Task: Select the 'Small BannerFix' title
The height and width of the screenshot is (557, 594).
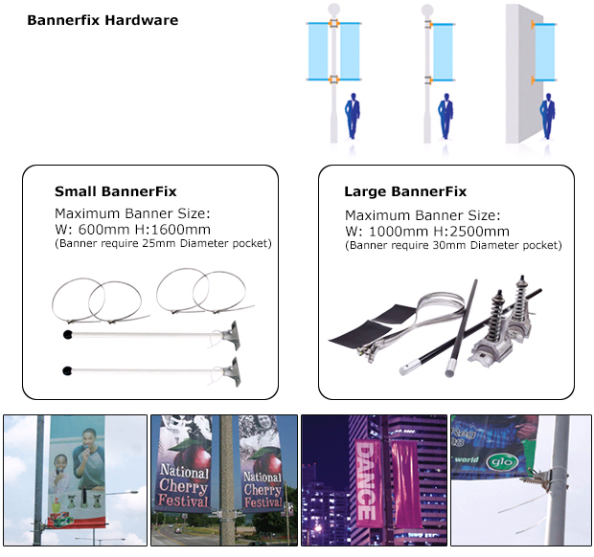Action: point(115,191)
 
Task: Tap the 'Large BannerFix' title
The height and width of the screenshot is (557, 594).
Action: point(405,191)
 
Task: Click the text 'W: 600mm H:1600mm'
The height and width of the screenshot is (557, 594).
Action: point(132,230)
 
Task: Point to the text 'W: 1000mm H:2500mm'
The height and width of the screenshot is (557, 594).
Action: point(426,231)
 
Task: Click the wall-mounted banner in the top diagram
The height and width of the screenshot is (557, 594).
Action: point(545,52)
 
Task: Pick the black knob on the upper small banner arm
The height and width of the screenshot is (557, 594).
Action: point(67,334)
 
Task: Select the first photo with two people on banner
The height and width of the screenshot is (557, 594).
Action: point(75,480)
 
